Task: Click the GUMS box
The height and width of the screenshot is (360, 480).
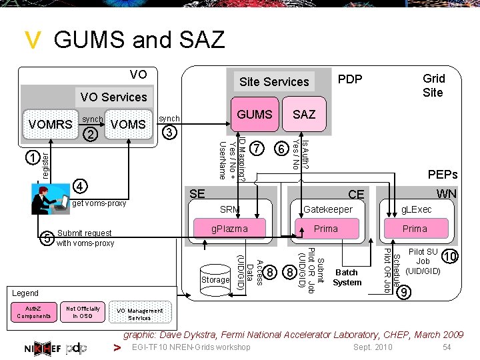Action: (x=255, y=114)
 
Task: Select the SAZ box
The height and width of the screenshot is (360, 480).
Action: (x=304, y=114)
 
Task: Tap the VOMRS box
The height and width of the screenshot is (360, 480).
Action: (x=50, y=124)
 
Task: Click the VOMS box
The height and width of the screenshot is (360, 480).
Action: (x=128, y=124)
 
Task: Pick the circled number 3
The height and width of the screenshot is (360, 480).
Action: (x=170, y=132)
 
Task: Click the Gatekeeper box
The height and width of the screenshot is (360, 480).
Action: (x=327, y=210)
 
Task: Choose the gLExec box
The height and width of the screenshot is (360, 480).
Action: (x=416, y=210)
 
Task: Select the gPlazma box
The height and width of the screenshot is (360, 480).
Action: (x=229, y=229)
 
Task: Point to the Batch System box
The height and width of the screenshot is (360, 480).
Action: (x=347, y=277)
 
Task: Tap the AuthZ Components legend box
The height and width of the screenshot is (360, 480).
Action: (x=33, y=312)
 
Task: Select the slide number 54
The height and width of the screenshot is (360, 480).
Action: (x=447, y=347)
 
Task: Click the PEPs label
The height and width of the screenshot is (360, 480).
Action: (x=442, y=175)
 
